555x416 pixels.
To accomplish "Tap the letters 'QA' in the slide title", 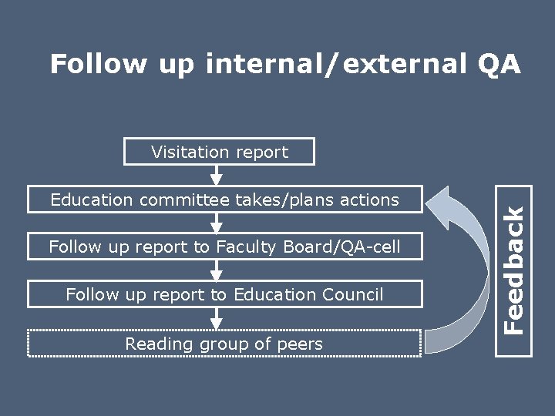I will point(499,65).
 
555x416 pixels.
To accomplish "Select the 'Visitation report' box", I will point(220,152).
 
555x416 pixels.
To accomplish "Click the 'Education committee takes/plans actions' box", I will point(224,200).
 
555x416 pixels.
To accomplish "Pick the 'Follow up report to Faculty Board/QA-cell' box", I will point(224,247).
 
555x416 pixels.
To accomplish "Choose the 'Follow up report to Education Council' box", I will point(224,294).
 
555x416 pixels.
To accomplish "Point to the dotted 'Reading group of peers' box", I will point(224,344).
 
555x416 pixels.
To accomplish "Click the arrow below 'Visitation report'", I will point(217,176).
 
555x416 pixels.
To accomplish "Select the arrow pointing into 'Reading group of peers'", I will point(217,318).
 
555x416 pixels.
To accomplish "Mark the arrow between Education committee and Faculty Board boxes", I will point(217,223).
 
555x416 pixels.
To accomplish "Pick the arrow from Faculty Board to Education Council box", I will point(217,270).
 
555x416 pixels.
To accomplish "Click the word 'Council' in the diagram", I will point(351,294).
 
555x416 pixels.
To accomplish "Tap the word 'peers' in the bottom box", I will point(302,344).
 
